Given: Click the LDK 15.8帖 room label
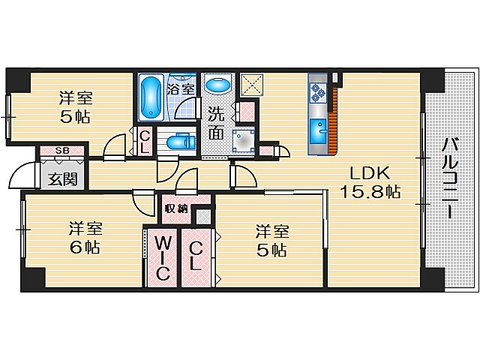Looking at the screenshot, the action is point(370,182).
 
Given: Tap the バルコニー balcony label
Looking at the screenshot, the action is point(450,178).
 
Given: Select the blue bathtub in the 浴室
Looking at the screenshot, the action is point(151,97).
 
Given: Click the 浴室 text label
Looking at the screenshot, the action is point(181,89).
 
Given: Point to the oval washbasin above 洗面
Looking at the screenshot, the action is point(217,85).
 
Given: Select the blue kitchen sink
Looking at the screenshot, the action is point(319,132).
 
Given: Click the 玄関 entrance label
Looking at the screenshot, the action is point(63,179).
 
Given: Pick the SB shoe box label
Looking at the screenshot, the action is point(62,151).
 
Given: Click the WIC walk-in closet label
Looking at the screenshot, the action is point(162,258).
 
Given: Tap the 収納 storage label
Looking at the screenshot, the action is point(176,208).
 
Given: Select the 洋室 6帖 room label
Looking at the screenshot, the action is point(85,238).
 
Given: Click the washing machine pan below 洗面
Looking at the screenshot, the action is point(243,141).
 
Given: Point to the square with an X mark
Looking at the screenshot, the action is point(252,85).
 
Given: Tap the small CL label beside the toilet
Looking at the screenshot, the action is point(145,142).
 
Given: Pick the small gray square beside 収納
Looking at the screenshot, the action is point(203,217).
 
